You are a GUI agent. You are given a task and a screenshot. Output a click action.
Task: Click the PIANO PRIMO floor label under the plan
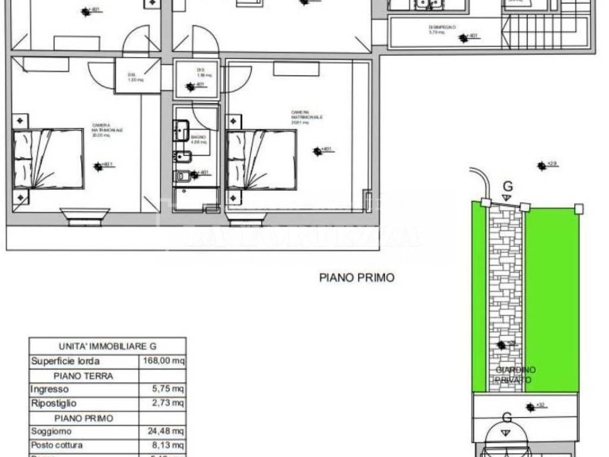coord(356,277)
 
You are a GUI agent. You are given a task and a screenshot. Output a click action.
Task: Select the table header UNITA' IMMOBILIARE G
coord(108,346)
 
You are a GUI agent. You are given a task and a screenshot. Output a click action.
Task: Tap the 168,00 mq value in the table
coord(162,361)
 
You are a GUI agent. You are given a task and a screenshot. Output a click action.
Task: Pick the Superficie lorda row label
coord(65,361)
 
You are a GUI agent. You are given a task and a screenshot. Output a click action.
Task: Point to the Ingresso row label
coord(49,389)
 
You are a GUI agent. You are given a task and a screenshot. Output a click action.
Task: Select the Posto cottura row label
coord(57,445)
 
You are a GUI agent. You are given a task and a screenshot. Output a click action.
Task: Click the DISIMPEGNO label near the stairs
coord(441,27)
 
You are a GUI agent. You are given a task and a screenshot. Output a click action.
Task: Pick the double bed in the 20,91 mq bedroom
coord(261,159)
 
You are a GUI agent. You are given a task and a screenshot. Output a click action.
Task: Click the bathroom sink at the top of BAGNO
coord(181,130)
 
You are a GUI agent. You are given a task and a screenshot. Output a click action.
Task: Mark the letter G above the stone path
coord(507,187)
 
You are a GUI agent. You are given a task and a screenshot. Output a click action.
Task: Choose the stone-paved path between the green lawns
coord(505,298)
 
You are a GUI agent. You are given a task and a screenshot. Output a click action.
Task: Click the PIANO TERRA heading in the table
coord(83,375)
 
